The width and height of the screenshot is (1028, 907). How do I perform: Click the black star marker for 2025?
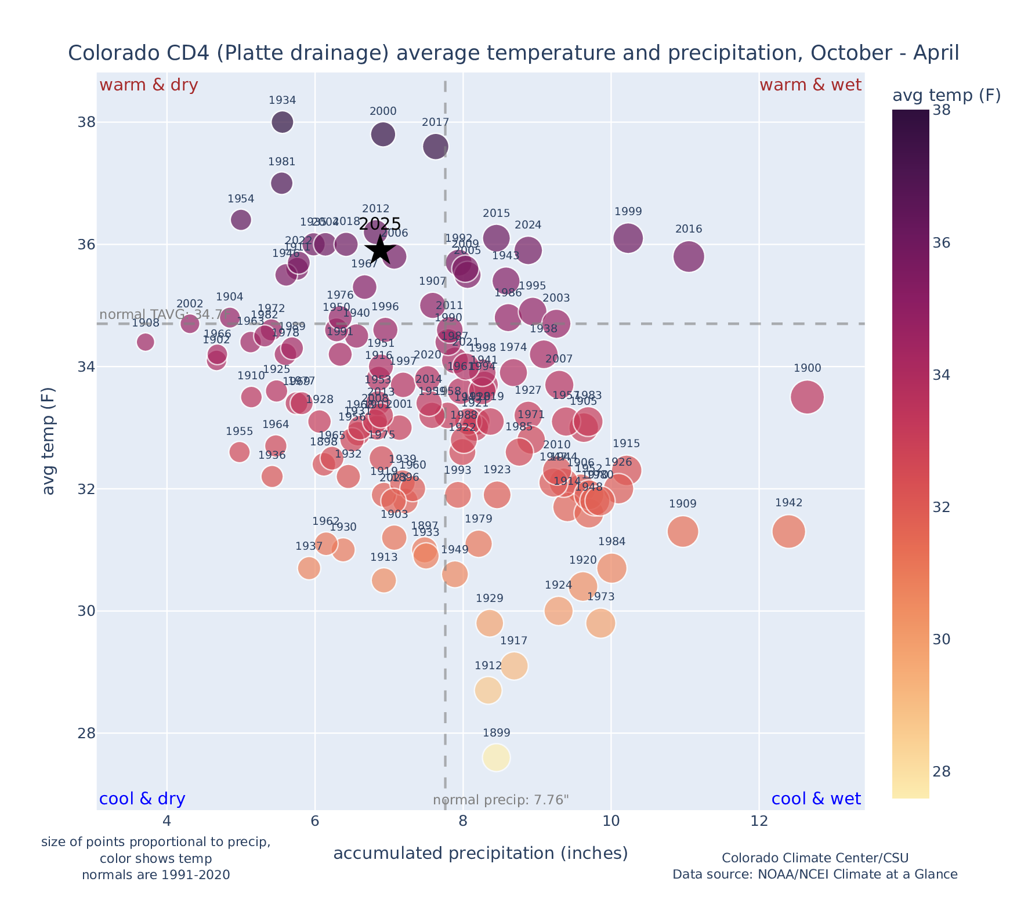click(x=380, y=250)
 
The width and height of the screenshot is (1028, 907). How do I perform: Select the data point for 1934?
click(x=283, y=122)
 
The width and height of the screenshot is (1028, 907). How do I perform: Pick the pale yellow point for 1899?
click(x=497, y=757)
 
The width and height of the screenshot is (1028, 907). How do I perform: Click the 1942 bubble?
click(x=788, y=531)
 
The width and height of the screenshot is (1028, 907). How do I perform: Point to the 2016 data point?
click(x=689, y=256)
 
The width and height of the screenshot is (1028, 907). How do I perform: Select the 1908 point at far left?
click(x=146, y=342)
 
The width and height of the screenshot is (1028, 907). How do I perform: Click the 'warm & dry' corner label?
click(x=149, y=85)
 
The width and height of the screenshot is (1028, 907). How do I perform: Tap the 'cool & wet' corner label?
click(x=816, y=799)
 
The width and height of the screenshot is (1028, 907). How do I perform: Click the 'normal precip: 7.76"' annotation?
click(x=501, y=800)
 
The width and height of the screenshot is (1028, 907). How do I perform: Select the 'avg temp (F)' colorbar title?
click(x=946, y=96)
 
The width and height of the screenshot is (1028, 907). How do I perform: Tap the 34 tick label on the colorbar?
click(x=942, y=375)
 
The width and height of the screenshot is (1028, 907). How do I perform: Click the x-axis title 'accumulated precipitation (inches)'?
click(x=480, y=854)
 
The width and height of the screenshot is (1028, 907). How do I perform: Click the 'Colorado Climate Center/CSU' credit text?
click(x=815, y=858)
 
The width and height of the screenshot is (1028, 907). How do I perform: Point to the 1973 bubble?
click(x=600, y=623)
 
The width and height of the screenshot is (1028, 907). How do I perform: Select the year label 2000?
click(x=383, y=112)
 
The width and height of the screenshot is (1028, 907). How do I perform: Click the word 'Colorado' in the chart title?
click(x=104, y=53)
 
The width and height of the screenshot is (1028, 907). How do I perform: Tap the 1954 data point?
click(x=241, y=220)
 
